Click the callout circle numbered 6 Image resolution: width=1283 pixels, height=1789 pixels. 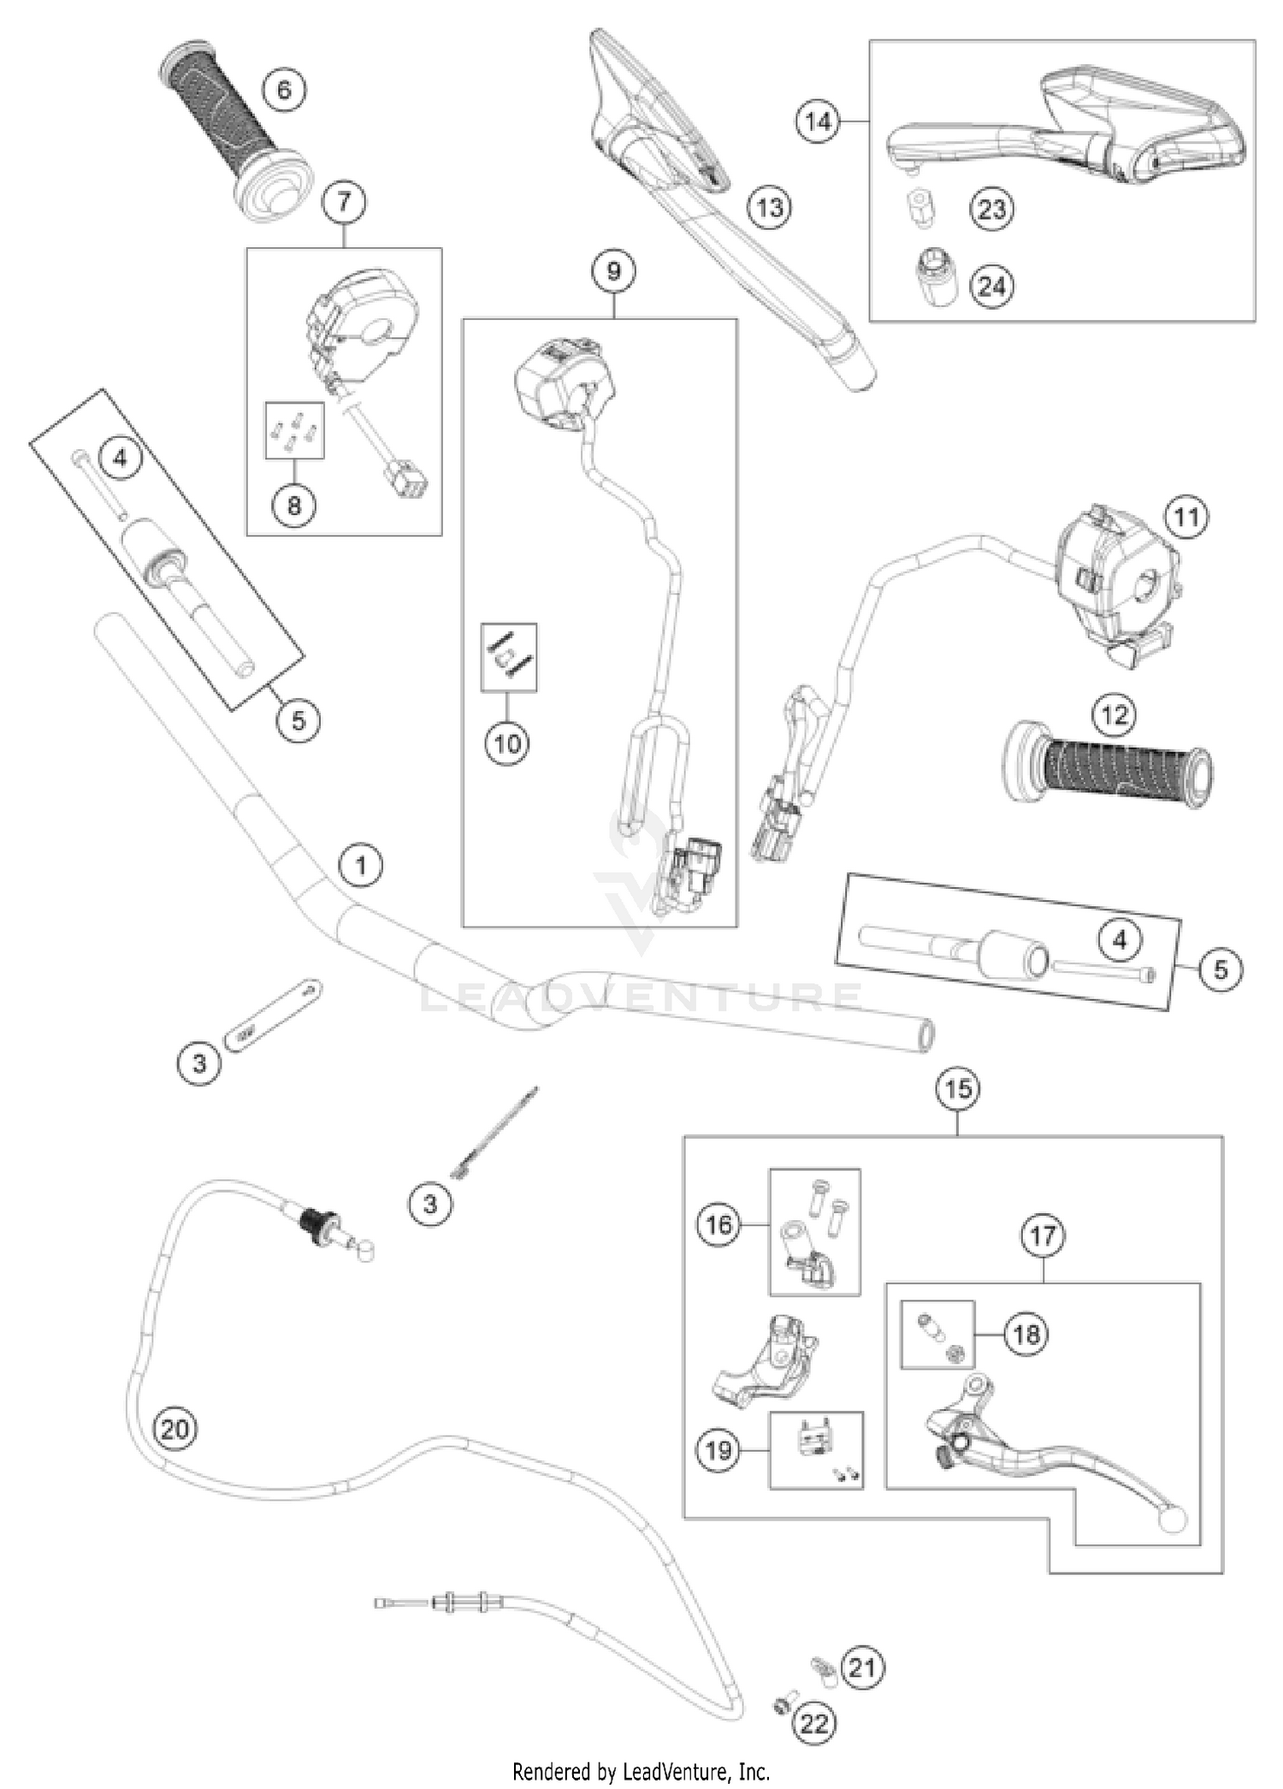(x=284, y=89)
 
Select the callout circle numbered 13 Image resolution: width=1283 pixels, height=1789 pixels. (x=769, y=207)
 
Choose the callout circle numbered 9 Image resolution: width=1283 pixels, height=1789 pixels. (x=613, y=271)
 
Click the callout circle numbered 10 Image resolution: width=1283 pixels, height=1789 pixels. (x=507, y=743)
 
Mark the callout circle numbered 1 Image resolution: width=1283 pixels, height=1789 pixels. (x=361, y=865)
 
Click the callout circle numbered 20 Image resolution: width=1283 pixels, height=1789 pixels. (x=174, y=1429)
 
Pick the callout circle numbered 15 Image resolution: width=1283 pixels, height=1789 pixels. (x=958, y=1089)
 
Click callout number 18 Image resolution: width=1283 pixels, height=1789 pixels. (x=1026, y=1334)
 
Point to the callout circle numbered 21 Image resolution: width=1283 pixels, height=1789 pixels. (x=863, y=1668)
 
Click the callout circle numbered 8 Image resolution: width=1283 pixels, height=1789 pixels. (x=293, y=505)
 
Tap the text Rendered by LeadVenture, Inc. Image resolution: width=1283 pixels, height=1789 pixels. (x=641, y=1770)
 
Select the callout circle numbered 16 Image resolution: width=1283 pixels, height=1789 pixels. (x=718, y=1225)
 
